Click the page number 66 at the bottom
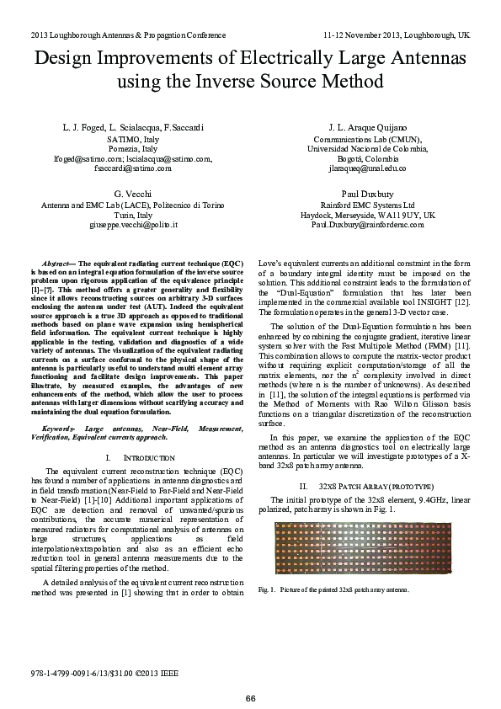tap(250, 698)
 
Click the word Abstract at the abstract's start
tap(57, 264)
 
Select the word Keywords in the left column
tap(58, 429)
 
